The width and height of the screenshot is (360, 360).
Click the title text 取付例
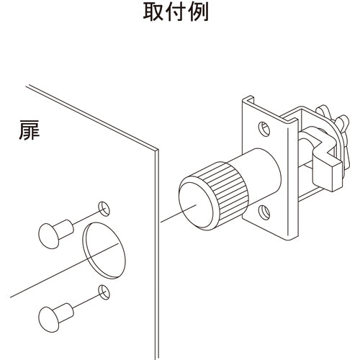(x=176, y=12)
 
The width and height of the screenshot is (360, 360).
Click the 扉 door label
(x=30, y=130)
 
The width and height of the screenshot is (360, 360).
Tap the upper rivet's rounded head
(x=49, y=236)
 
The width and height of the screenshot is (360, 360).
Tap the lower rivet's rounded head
(x=49, y=320)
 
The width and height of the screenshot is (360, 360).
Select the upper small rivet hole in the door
(x=104, y=209)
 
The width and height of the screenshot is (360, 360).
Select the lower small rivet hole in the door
(x=104, y=292)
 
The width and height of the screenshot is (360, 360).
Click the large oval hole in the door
(x=104, y=251)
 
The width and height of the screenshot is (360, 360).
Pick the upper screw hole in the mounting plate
(x=264, y=129)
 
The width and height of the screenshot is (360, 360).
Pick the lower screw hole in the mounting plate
(x=264, y=212)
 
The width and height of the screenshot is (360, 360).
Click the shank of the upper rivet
(x=64, y=230)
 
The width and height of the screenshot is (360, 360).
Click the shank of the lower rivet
(x=64, y=313)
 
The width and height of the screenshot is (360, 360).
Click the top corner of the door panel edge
(x=157, y=149)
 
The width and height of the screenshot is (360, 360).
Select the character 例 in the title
(x=198, y=12)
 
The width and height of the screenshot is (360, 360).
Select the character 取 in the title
(x=153, y=12)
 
